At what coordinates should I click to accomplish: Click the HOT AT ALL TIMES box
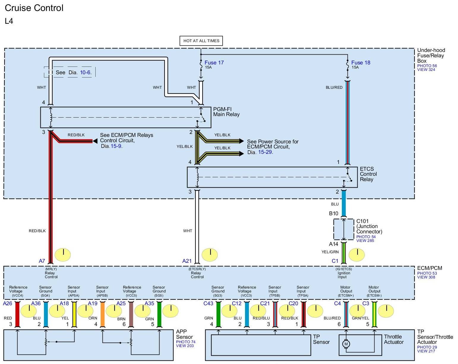[x=201, y=41]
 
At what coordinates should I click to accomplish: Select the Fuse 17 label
[x=214, y=63]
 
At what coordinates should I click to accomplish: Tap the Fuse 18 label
[x=361, y=63]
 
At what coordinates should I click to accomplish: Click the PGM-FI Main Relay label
[x=226, y=112]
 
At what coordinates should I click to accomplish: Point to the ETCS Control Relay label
[x=368, y=174]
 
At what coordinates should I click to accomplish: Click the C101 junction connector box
[x=344, y=229]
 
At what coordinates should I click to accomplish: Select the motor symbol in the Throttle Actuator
[x=346, y=344]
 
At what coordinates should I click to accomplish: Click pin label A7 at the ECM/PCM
[x=42, y=261]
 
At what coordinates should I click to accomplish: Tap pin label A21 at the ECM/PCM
[x=187, y=261]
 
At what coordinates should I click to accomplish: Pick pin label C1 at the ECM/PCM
[x=335, y=261]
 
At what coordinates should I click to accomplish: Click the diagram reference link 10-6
[x=86, y=72]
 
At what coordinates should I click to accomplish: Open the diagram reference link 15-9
[x=116, y=146]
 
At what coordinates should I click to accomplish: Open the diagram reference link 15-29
[x=265, y=152]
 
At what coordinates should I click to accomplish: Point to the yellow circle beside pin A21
[x=210, y=255]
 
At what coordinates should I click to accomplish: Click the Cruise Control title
[x=34, y=8]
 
